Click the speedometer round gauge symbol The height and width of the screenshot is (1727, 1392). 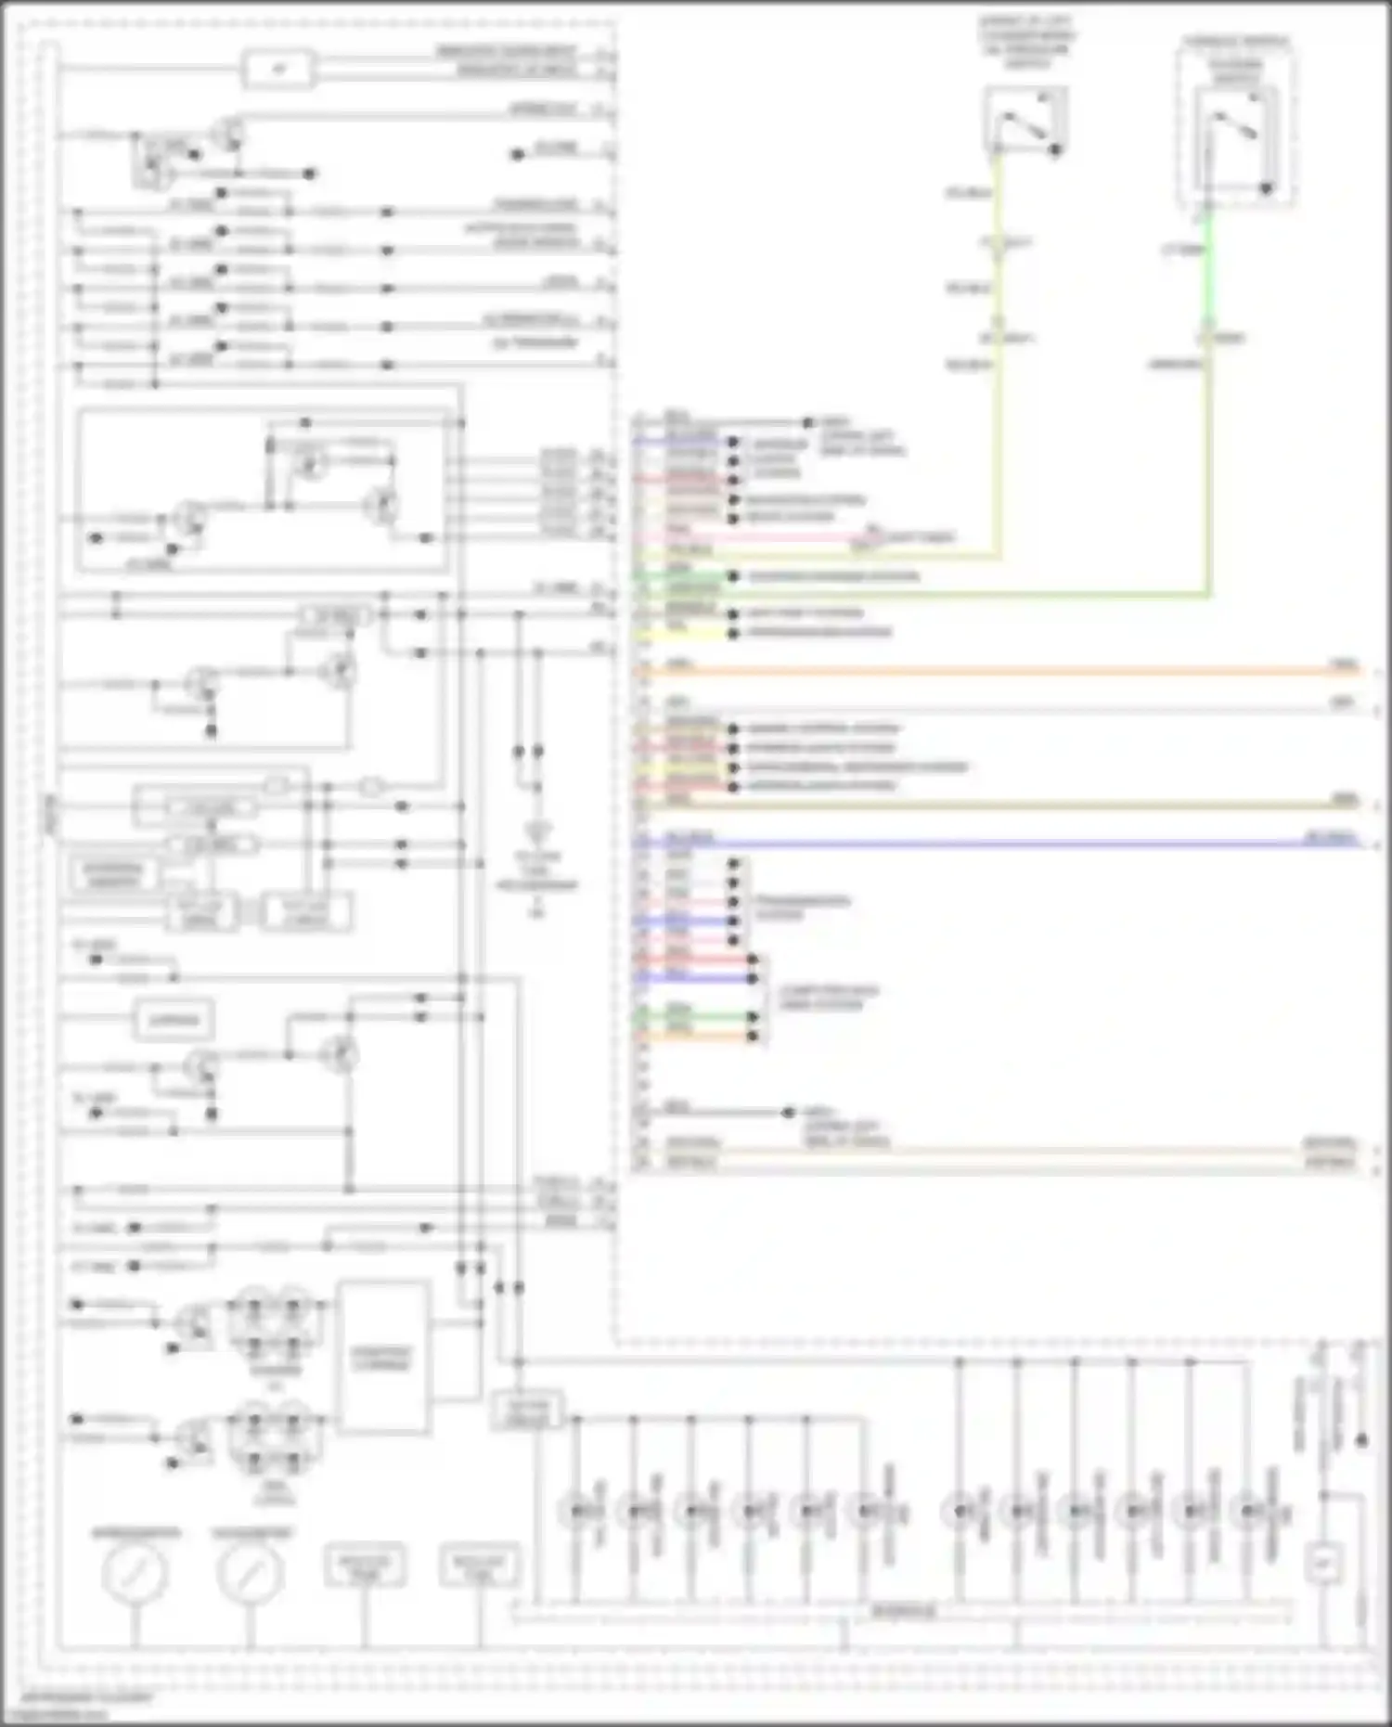tap(135, 1572)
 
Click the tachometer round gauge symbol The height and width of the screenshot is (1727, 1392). tap(250, 1572)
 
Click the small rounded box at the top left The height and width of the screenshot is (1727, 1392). tap(277, 70)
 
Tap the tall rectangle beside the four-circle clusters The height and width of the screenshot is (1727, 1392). tap(383, 1358)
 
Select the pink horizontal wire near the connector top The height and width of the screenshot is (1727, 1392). tap(761, 536)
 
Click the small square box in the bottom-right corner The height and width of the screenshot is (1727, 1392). tap(1323, 1564)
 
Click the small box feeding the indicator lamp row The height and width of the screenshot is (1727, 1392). tap(527, 1411)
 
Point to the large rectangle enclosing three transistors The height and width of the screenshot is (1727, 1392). tap(263, 490)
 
